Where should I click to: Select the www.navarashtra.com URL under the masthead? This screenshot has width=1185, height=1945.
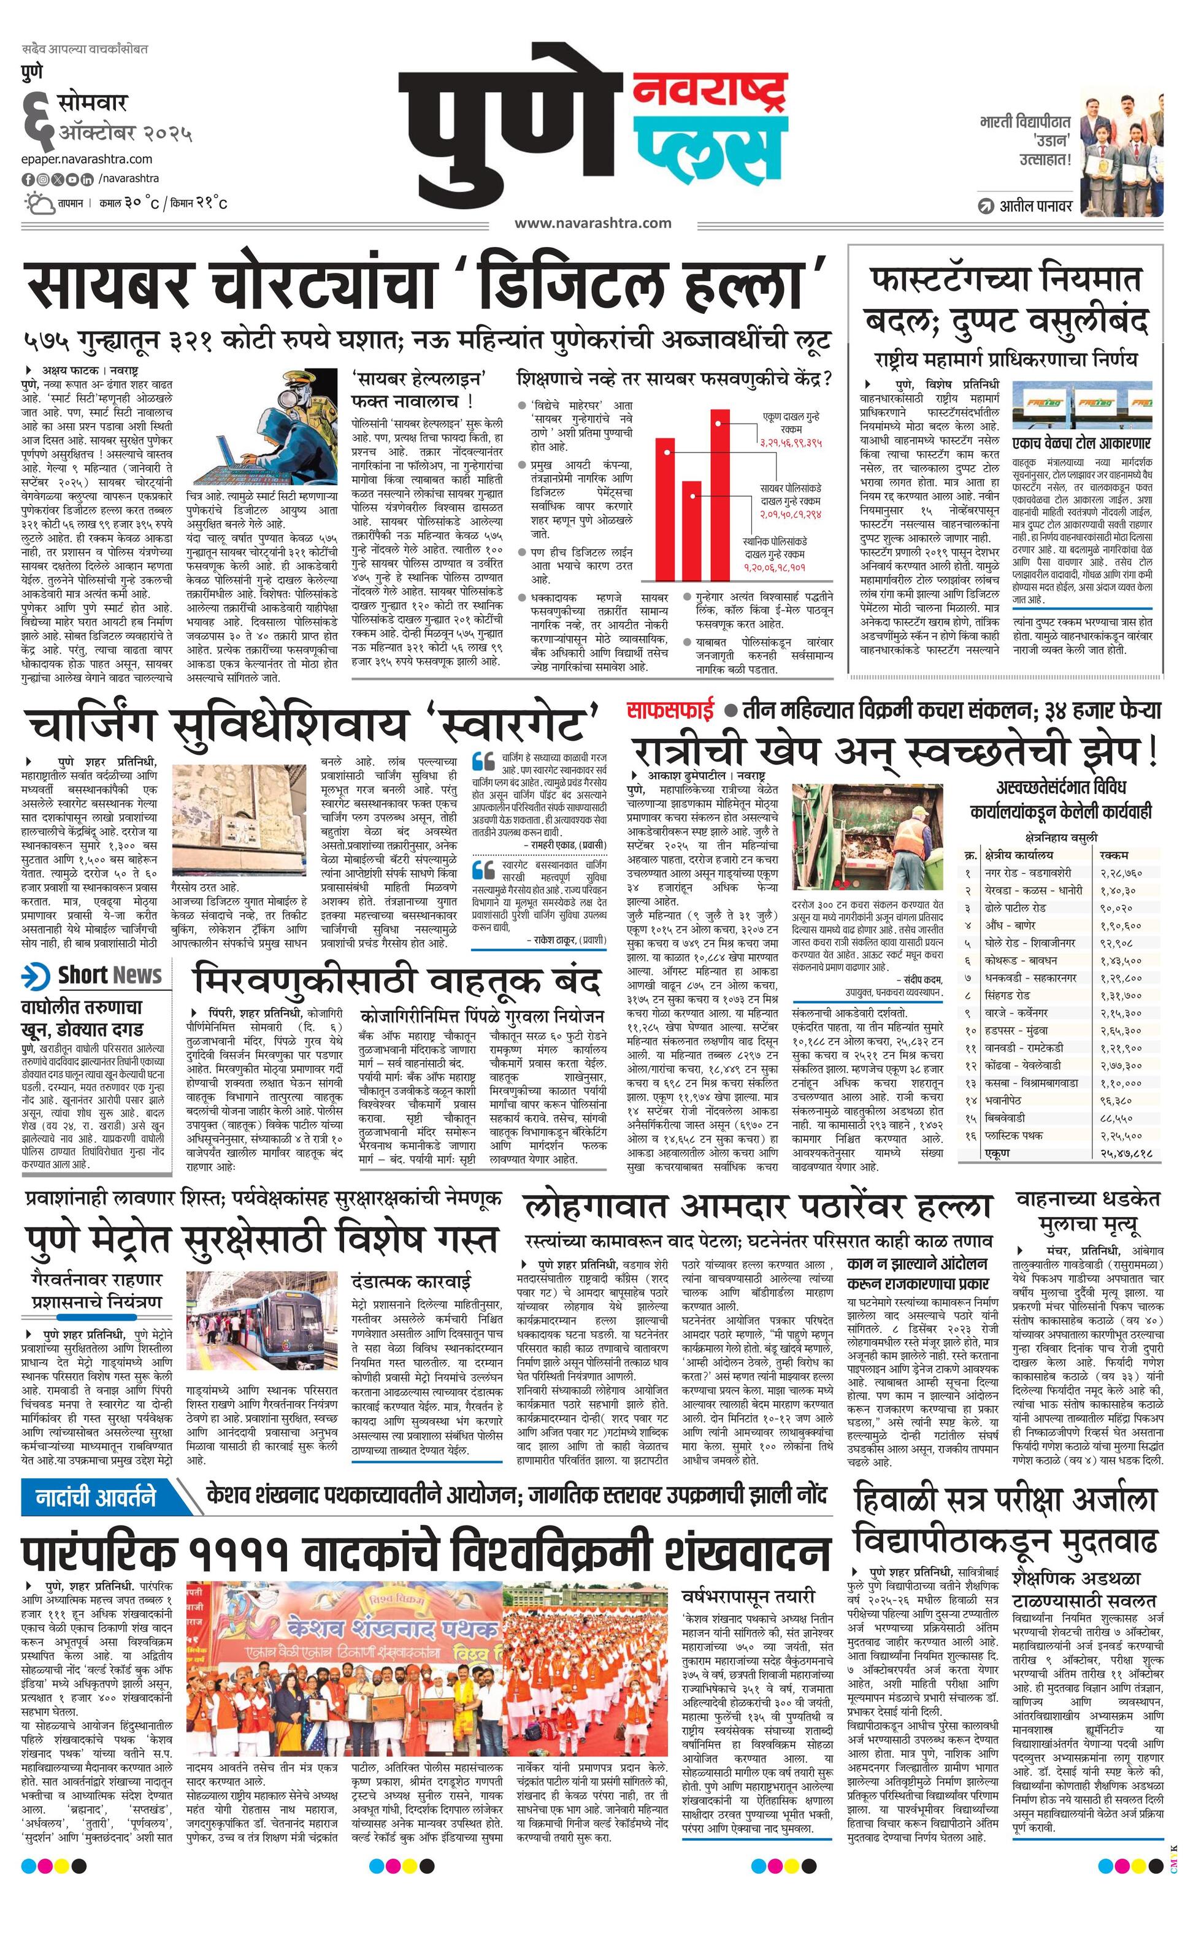(592, 223)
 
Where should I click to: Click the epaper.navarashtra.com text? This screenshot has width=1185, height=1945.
(87, 159)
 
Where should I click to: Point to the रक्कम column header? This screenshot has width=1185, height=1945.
(1113, 854)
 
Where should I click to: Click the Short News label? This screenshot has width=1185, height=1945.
(109, 975)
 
